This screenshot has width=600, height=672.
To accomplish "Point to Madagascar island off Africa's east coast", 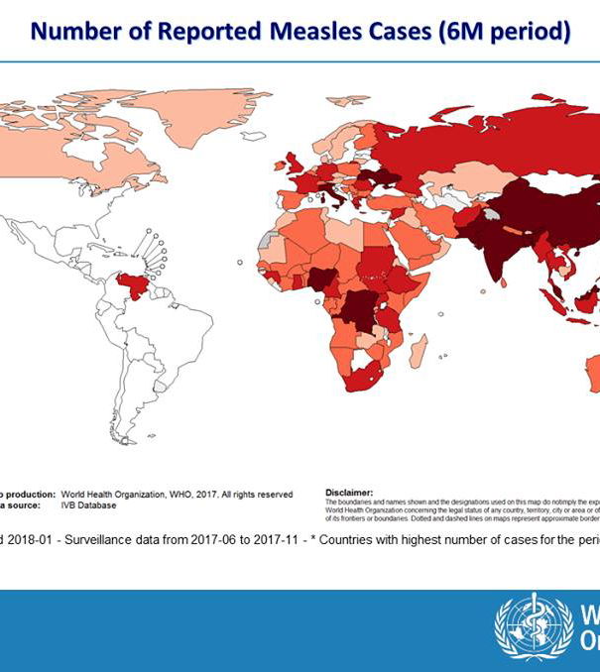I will pyautogui.click(x=420, y=351).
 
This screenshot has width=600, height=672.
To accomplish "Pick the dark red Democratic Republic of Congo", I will pyautogui.click(x=355, y=311).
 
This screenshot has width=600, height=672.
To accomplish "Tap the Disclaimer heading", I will pyautogui.click(x=349, y=491).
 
